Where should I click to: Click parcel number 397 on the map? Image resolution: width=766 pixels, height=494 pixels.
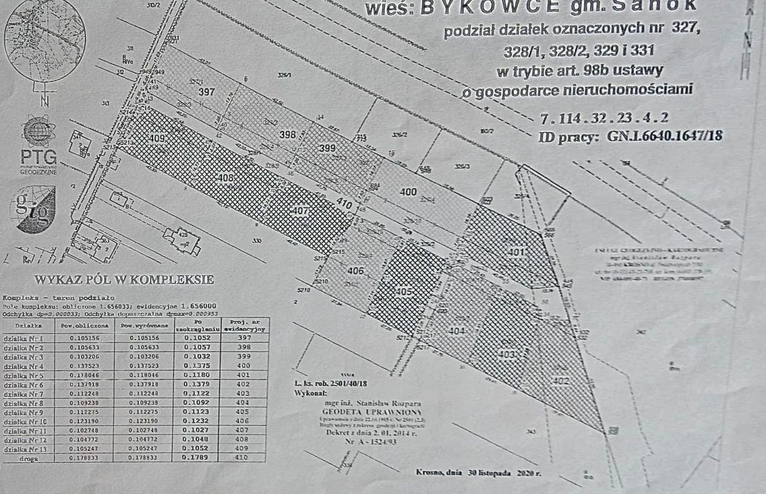point(206,92)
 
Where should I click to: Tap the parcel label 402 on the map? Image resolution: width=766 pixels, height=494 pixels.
point(561,381)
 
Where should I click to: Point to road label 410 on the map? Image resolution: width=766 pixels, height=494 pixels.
point(344,204)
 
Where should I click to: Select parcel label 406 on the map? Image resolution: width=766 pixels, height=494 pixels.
point(355,271)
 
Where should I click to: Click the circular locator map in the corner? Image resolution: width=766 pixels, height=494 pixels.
point(44,39)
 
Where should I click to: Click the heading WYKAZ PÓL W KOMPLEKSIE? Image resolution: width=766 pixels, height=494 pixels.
point(124,279)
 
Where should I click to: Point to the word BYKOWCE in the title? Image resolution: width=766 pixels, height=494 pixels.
point(491,7)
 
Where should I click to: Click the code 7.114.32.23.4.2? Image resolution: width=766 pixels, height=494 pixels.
point(604,117)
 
